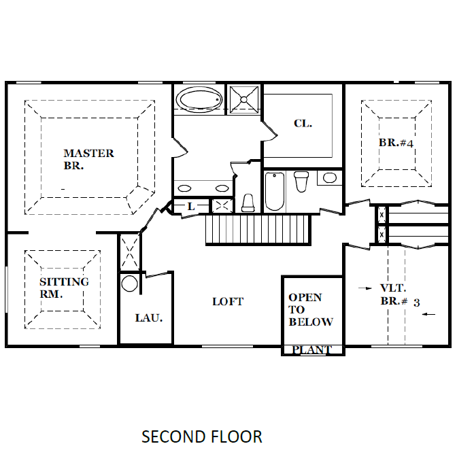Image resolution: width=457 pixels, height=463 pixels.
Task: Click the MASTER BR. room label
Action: pos(88,160)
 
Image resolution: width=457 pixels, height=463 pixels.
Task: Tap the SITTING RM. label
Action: pos(64,288)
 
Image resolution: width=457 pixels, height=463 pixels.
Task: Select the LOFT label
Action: pos(228,301)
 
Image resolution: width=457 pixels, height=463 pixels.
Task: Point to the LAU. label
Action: pos(149,318)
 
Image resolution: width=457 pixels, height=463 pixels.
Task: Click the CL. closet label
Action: pos(303,124)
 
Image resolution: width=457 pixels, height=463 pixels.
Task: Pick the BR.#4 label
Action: pos(396,143)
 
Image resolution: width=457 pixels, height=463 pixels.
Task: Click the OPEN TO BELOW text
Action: pos(311,309)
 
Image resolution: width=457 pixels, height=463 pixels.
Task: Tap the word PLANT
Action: pos(311,350)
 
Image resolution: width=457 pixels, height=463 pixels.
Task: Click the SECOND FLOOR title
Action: pos(202,436)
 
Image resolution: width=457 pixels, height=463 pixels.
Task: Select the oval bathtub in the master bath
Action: pos(199,99)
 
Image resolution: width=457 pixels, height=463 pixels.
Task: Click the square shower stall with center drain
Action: pos(244,100)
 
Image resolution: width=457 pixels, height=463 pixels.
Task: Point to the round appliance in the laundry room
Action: pos(129,284)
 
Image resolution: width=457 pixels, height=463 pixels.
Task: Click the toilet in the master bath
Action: pos(248,203)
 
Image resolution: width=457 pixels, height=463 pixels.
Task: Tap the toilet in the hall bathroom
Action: pos(301,182)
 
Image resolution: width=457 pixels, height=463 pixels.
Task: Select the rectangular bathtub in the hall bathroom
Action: pos(275,191)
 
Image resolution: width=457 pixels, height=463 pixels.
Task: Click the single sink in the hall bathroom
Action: pos(330,177)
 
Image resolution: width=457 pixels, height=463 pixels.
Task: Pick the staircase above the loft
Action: pos(258,229)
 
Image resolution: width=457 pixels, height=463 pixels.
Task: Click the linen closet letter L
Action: pos(191,206)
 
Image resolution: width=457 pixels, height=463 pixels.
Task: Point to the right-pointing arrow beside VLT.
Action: pos(365,288)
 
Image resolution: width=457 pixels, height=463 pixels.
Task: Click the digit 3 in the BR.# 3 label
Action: pos(416,303)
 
